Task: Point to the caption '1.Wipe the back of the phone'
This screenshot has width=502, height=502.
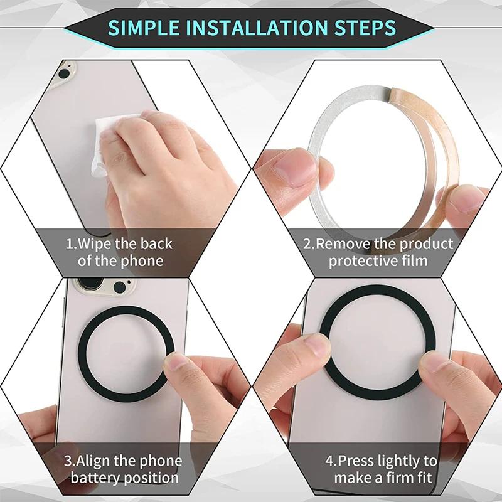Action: click(119, 252)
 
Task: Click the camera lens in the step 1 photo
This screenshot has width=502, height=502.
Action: click(63, 73)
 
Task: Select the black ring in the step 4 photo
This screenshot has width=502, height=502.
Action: click(376, 295)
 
